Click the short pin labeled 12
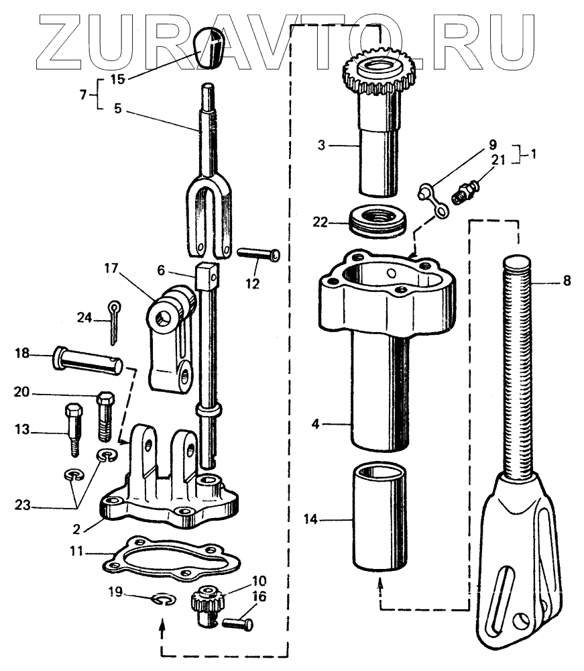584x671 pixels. [x=258, y=255]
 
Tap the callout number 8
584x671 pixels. [x=567, y=281]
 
